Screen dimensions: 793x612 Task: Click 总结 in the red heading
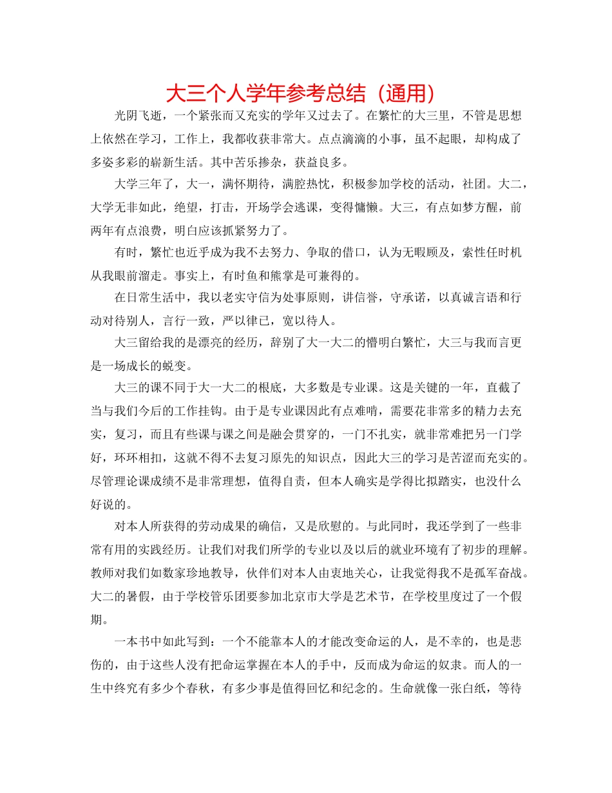(x=341, y=93)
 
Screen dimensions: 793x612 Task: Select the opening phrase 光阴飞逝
(x=137, y=117)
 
